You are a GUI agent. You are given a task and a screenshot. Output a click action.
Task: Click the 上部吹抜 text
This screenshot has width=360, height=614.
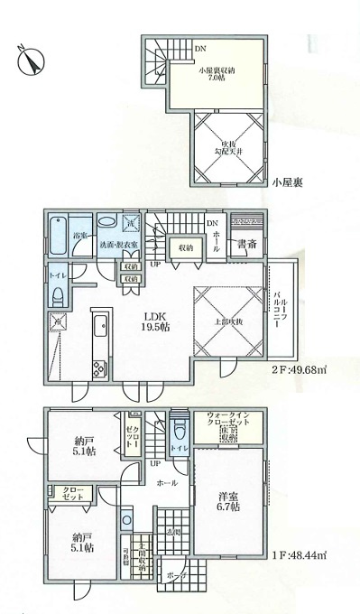pos(226,321)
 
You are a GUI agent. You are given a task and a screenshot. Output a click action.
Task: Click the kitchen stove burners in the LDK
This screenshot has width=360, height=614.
pos(99,367)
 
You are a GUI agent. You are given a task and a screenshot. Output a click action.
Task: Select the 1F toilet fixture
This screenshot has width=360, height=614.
pos(179,447)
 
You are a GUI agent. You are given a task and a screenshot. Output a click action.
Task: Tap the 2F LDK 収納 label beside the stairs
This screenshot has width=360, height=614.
pos(187,247)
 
